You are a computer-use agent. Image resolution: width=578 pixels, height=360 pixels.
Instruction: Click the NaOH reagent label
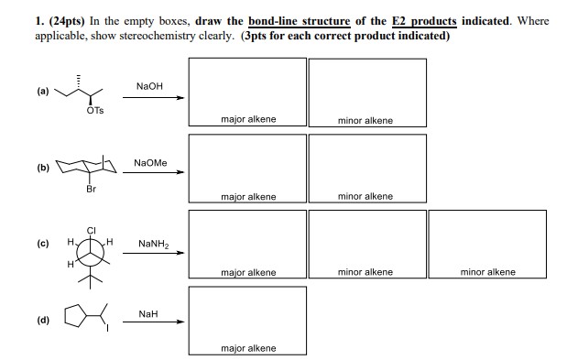[149, 86]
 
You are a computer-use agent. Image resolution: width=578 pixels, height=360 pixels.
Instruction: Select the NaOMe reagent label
[150, 163]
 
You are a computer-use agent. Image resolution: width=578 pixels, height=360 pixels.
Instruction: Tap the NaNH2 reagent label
[154, 244]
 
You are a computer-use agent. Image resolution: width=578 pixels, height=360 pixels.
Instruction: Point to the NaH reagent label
[148, 314]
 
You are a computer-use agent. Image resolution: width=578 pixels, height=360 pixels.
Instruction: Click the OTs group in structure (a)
[95, 110]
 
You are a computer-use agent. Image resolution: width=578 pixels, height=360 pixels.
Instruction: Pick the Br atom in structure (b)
[91, 189]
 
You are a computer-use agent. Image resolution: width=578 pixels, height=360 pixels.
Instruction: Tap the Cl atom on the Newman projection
[91, 231]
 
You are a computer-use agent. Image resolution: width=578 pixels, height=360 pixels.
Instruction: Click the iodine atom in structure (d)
[107, 328]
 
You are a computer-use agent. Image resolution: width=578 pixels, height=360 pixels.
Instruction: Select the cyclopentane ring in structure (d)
[65, 315]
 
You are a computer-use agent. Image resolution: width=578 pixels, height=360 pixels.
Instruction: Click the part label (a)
[43, 91]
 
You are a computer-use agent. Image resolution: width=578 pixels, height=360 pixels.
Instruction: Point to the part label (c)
[43, 244]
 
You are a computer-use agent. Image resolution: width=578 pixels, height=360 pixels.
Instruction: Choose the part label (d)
[43, 320]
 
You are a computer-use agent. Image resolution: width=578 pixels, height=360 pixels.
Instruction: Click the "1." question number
[39, 21]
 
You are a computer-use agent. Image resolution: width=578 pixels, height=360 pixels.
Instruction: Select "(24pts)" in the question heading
[67, 21]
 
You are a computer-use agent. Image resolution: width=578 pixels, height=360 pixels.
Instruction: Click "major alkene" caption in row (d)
[248, 348]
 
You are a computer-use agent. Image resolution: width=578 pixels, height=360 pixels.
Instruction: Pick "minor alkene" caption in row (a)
[365, 121]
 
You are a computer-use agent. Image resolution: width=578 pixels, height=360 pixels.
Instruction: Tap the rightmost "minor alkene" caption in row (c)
[487, 272]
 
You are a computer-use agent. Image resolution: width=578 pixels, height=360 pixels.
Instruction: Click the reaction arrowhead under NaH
[180, 322]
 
